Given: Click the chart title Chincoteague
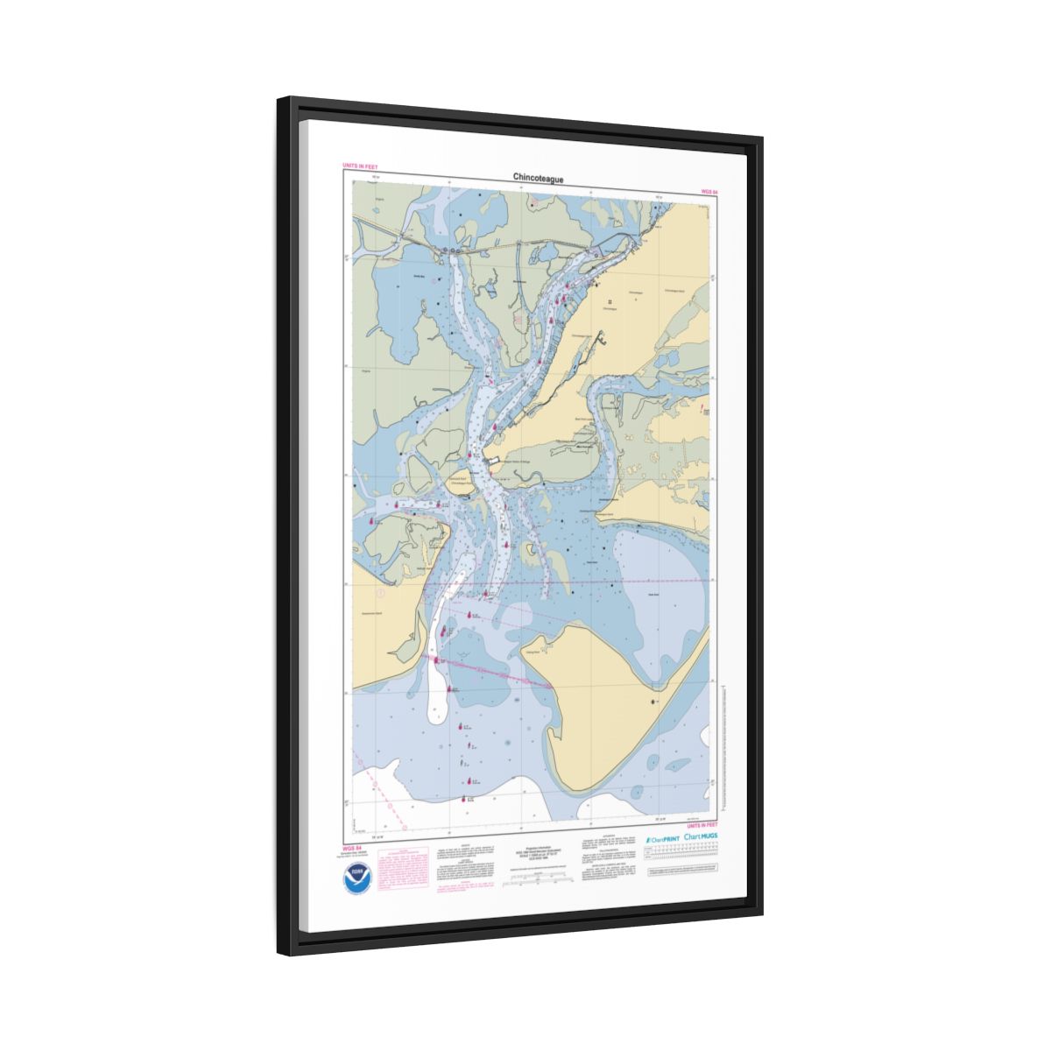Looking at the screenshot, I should click(x=538, y=178).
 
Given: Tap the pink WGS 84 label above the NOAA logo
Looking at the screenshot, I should click(x=353, y=847).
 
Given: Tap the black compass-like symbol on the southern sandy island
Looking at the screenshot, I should click(x=652, y=702).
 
